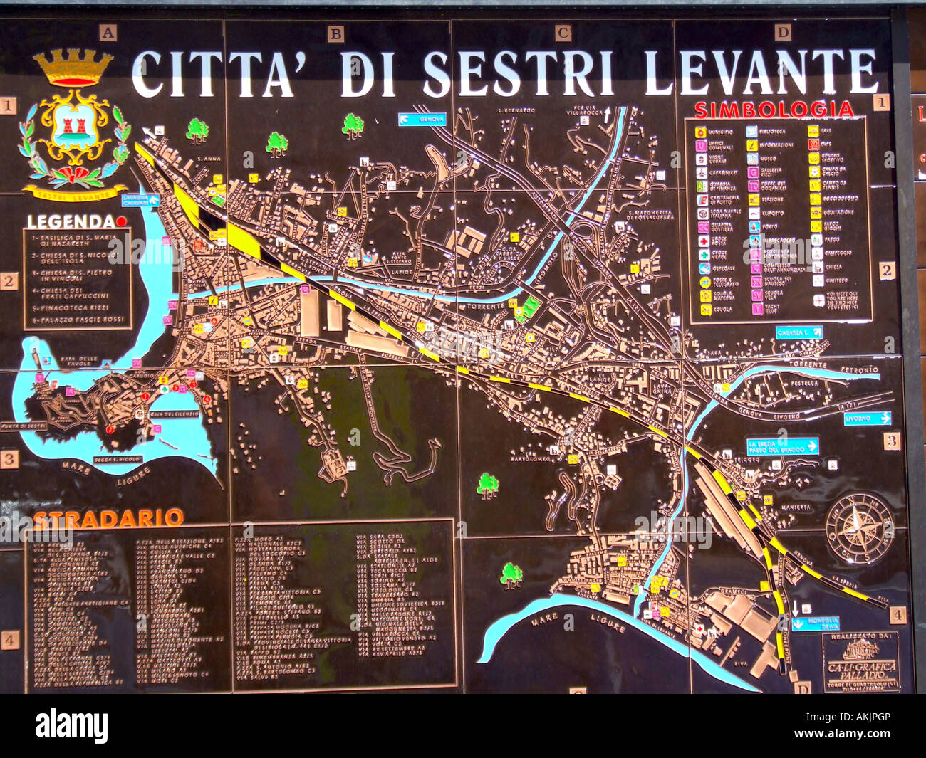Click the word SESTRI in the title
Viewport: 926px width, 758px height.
point(518,73)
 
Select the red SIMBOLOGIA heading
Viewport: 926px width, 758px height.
point(774,110)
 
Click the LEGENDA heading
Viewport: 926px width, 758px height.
point(71,222)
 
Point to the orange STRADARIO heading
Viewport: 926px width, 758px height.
point(108,518)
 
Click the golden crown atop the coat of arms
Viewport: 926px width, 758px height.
point(73,68)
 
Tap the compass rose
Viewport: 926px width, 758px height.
point(859,527)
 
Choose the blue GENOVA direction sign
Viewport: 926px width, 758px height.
point(422,119)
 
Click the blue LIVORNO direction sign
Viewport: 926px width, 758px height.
point(867,419)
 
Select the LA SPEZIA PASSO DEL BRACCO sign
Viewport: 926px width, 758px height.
point(782,446)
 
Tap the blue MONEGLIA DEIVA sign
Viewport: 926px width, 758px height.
point(815,623)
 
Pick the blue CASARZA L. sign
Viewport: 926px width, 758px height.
point(799,332)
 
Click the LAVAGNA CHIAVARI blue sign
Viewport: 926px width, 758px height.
point(140,200)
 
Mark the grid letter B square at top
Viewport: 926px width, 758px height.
point(335,33)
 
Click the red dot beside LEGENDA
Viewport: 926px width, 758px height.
point(121,221)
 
